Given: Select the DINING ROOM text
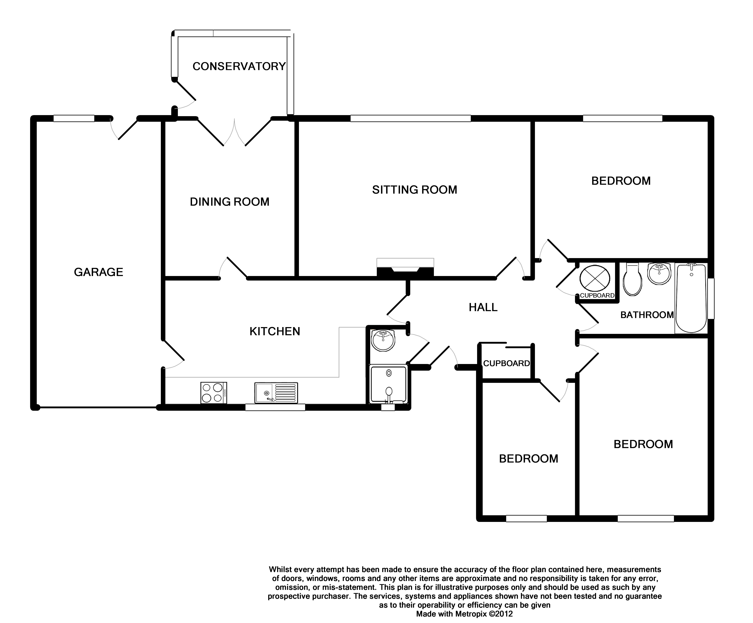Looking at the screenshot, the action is (x=230, y=202).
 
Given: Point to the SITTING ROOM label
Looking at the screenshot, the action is (x=414, y=190).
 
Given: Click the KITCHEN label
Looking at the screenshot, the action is (x=275, y=331).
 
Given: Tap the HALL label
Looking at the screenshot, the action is (x=483, y=307).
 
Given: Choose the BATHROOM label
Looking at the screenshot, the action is (x=647, y=315).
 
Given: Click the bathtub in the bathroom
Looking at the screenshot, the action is (x=691, y=298).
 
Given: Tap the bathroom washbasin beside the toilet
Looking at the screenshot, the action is (x=659, y=273).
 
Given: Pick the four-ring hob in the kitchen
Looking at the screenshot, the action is (x=213, y=393).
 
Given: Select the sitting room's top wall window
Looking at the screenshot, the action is (x=410, y=118).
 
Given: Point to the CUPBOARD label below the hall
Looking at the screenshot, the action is (x=506, y=363).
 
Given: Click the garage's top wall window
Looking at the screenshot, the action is (x=74, y=118).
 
